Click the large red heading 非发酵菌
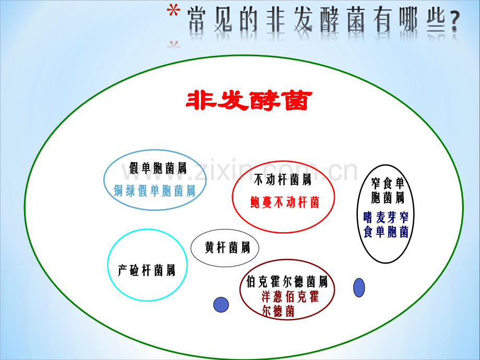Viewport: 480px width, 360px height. pyautogui.click(x=249, y=100)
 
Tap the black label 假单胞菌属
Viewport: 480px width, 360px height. pyautogui.click(x=158, y=168)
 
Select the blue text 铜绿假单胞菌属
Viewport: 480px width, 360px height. pyautogui.click(x=154, y=191)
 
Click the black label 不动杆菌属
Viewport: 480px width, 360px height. pyautogui.click(x=283, y=179)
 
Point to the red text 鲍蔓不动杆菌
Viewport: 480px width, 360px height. pyautogui.click(x=285, y=202)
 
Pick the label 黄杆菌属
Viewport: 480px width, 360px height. pyautogui.click(x=227, y=247)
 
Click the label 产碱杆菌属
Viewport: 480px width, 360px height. pyautogui.click(x=147, y=270)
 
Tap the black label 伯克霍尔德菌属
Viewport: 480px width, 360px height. pyautogui.click(x=287, y=282)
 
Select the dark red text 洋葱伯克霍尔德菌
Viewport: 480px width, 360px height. pyautogui.click(x=290, y=304)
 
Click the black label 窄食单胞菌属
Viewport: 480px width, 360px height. pyautogui.click(x=388, y=190)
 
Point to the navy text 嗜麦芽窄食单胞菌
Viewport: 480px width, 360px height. pyautogui.click(x=386, y=225)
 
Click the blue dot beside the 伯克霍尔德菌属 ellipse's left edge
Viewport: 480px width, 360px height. pyautogui.click(x=221, y=305)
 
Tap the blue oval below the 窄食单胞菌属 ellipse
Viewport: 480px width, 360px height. pyautogui.click(x=359, y=287)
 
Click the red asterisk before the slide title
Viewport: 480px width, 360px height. pyautogui.click(x=173, y=11)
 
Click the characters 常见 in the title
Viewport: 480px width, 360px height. pyautogui.click(x=210, y=20)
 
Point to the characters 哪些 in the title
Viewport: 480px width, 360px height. pyautogui.click(x=422, y=20)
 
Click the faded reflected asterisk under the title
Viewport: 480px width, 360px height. pyautogui.click(x=174, y=45)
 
